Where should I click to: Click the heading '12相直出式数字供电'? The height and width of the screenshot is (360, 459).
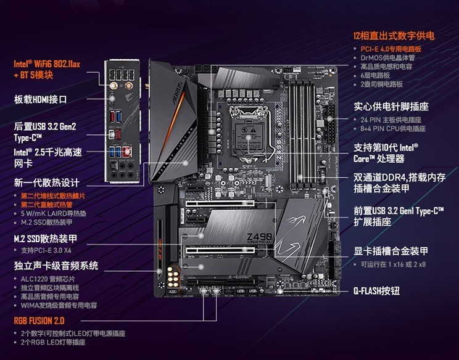[x=393, y=36]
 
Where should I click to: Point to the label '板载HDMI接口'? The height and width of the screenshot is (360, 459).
[x=40, y=99]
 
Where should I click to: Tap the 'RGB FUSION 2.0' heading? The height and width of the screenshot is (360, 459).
[x=39, y=321]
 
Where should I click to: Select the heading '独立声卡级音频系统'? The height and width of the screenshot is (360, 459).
[x=56, y=266]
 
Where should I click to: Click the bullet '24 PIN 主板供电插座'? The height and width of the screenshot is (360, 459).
[x=391, y=120]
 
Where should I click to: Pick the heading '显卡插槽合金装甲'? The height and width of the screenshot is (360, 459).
[x=391, y=251]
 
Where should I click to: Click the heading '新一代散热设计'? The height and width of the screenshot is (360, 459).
[x=47, y=182]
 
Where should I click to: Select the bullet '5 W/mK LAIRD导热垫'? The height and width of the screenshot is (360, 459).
[x=54, y=213]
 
